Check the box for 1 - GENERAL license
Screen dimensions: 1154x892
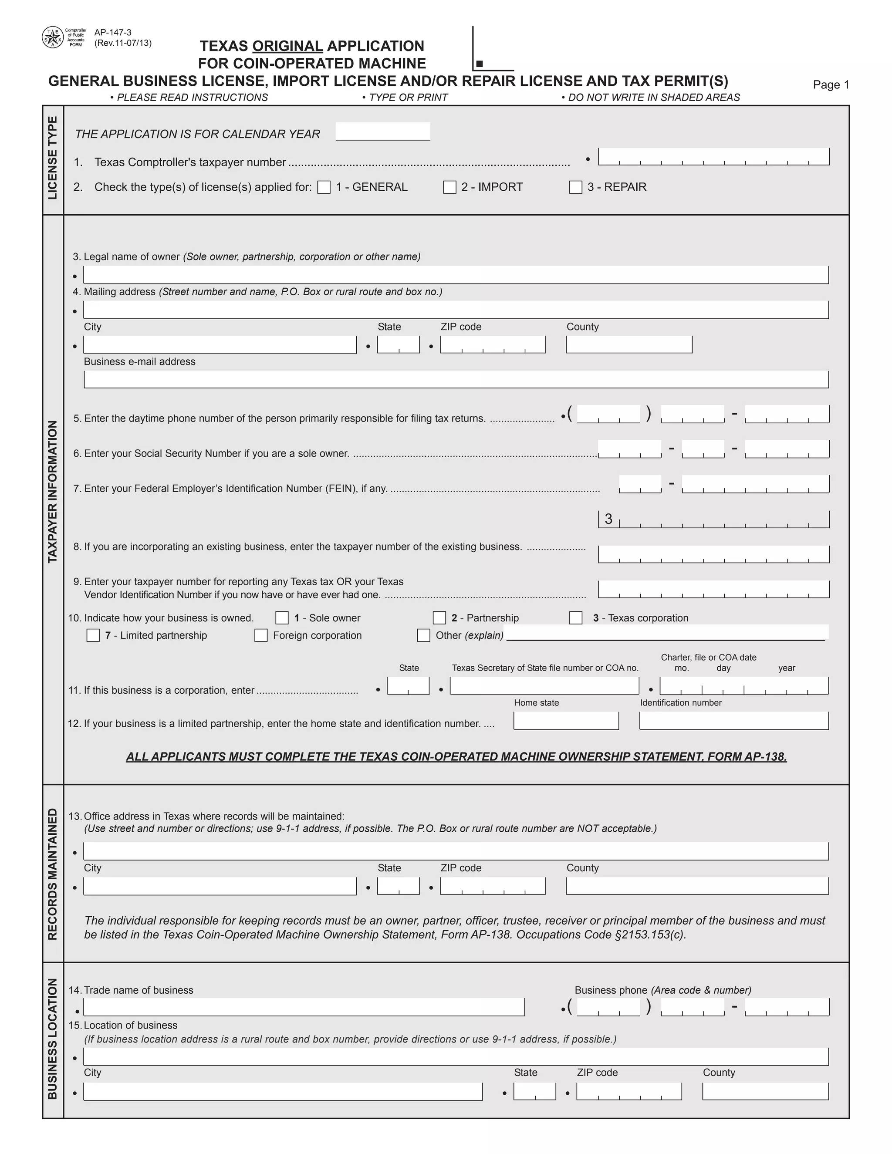pos(324,187)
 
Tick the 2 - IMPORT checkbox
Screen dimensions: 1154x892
pos(449,187)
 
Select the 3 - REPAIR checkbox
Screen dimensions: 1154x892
pos(575,187)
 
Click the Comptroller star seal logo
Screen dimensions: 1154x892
pos(53,37)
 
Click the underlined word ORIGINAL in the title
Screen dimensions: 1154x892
pos(287,46)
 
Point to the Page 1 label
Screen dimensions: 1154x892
pos(831,84)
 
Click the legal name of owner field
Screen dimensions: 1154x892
pos(456,275)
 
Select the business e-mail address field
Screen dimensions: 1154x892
pos(456,379)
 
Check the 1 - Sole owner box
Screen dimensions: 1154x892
pos(282,617)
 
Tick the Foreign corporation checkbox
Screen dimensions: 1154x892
pos(261,635)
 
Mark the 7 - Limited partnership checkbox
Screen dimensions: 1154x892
pos(93,635)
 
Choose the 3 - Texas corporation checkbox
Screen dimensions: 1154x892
pos(575,617)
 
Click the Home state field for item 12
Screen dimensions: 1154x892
pos(566,721)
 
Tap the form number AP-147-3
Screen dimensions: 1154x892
pos(112,33)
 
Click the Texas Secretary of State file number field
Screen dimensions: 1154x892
pos(544,686)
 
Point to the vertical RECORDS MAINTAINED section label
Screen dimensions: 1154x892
pos(53,874)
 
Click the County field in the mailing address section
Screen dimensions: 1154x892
pos(629,344)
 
